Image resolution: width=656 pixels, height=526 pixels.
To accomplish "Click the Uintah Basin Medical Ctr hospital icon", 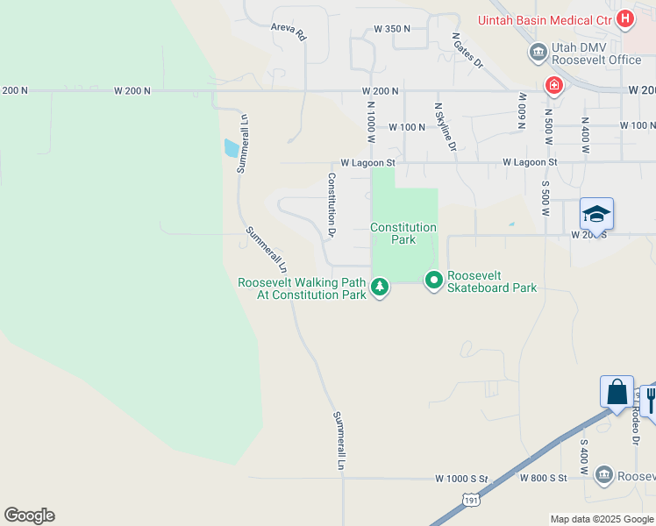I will pos(625,18).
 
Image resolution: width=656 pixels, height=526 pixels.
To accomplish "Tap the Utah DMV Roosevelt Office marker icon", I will pos(538,53).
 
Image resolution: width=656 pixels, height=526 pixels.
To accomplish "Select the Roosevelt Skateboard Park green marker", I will pos(433,281).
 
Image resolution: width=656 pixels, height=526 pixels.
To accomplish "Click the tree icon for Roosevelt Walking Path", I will pos(380,287).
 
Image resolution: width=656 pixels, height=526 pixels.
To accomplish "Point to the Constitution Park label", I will pos(403,233).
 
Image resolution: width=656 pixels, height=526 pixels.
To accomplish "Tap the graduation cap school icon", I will pos(596,214).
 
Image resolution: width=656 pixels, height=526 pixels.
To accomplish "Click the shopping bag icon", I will pos(617,391).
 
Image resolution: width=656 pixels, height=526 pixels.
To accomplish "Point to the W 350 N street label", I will pos(392,29).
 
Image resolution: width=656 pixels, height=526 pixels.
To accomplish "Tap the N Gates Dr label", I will pos(467,50).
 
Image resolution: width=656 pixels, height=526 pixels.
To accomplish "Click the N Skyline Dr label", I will pos(446,126).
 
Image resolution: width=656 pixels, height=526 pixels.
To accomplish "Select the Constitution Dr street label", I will pos(332,205).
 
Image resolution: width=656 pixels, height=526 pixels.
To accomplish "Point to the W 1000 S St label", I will pos(460,479).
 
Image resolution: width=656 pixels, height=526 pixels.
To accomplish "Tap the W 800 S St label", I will pos(544,479).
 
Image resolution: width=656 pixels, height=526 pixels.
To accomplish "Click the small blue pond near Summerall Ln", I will pos(231,148).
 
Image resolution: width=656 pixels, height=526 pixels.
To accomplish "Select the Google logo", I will pos(29,515).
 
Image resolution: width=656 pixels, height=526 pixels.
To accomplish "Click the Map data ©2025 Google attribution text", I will pos(601,519).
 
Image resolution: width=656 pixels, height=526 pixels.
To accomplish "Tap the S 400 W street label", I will pos(583,452).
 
